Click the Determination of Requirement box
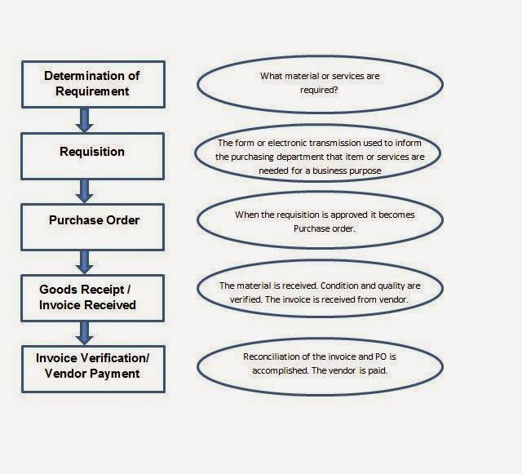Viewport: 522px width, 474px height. click(x=92, y=83)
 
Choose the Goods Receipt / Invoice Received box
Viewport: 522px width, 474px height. click(x=92, y=297)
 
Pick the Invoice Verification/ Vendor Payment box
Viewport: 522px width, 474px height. click(x=92, y=365)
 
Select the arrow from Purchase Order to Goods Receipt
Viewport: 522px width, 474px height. click(x=84, y=261)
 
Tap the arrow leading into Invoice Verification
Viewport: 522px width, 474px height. click(x=84, y=332)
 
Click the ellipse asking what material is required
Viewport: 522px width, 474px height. click(x=319, y=84)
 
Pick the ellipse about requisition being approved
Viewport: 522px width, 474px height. click(x=319, y=223)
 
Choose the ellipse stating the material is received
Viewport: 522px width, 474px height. click(x=319, y=293)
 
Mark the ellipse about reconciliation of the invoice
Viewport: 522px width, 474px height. click(x=319, y=364)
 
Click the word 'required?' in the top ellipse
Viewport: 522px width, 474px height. click(x=319, y=91)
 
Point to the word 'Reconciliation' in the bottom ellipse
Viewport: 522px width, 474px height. click(x=272, y=357)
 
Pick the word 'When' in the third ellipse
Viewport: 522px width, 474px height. click(x=248, y=215)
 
